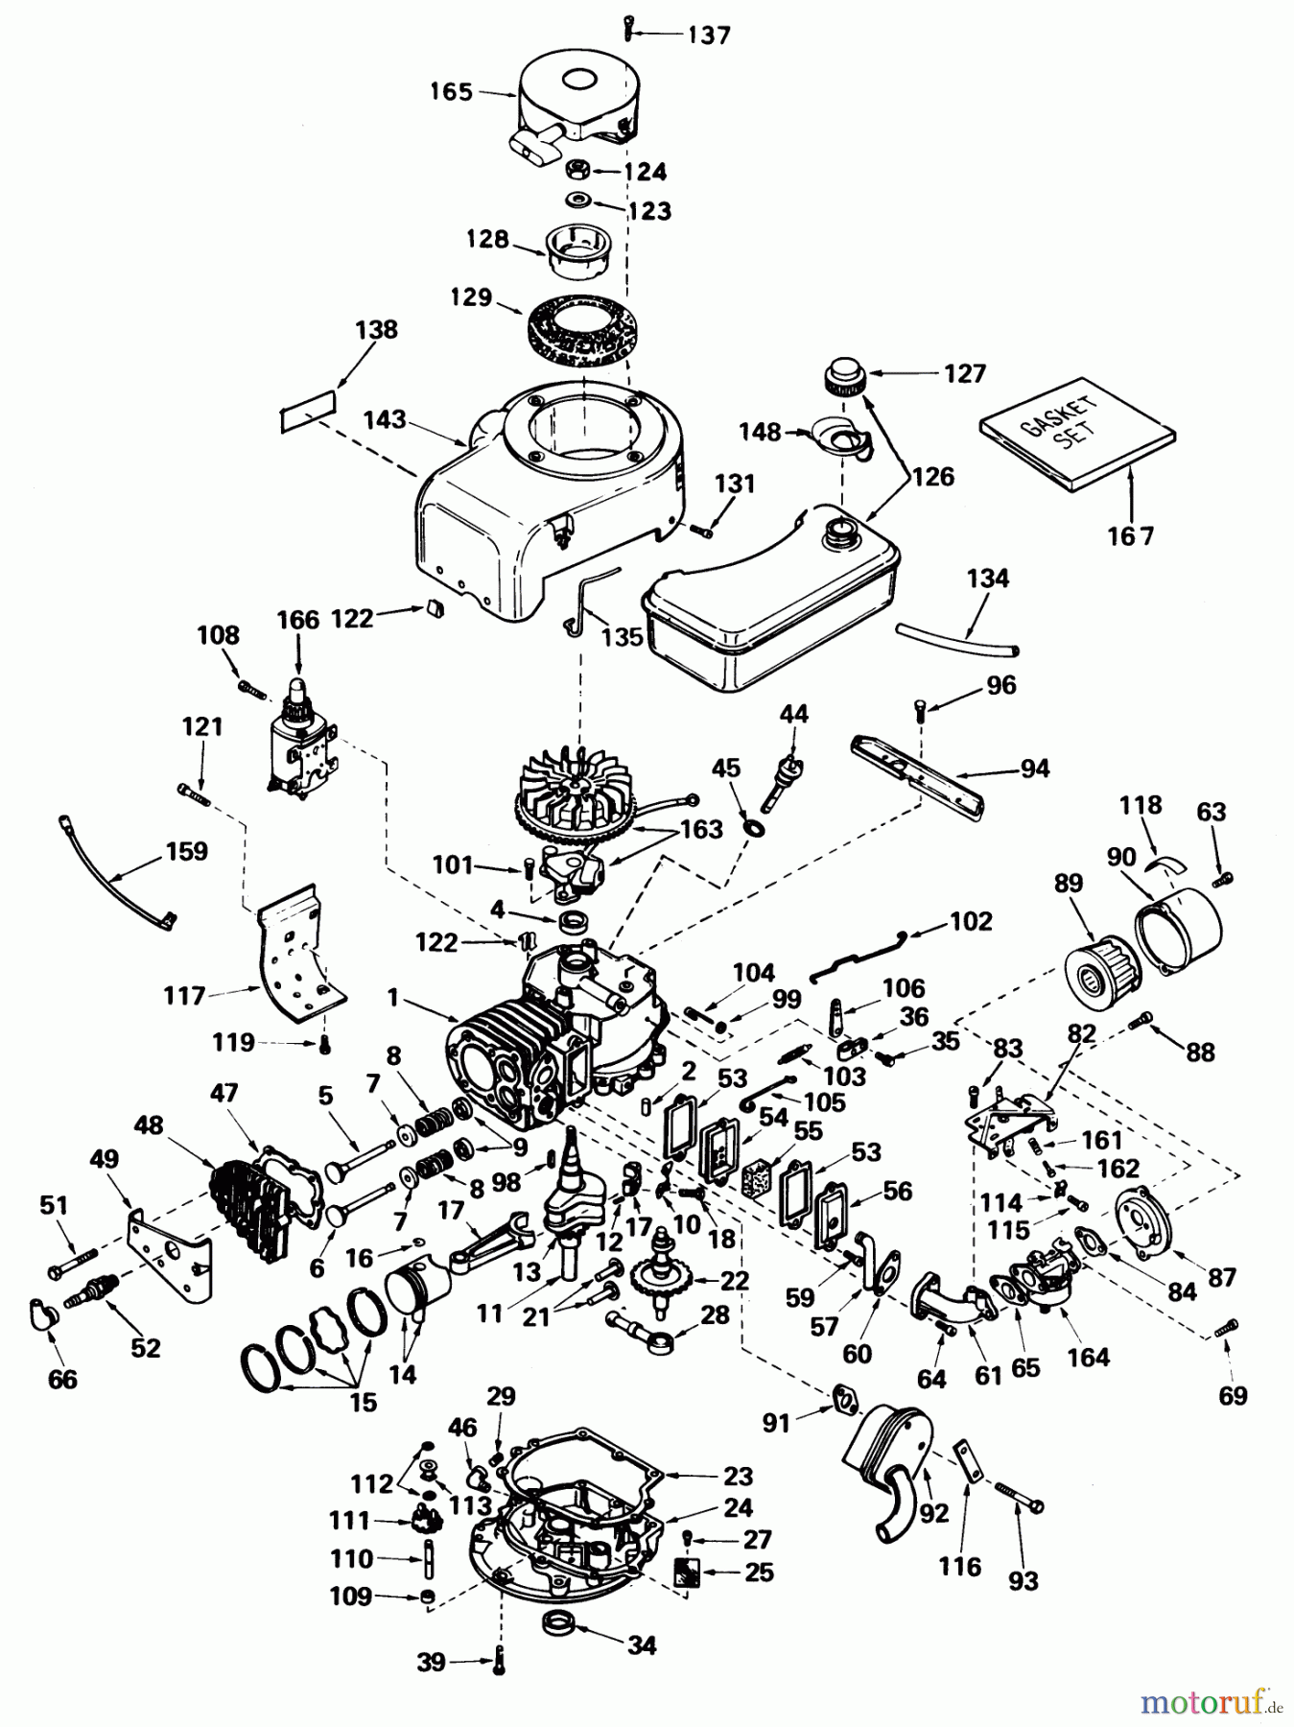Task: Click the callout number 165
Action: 451,92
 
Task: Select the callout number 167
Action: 1130,536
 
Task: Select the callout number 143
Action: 385,420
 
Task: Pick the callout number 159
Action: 186,851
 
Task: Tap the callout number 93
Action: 1023,1580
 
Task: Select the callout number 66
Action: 63,1379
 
